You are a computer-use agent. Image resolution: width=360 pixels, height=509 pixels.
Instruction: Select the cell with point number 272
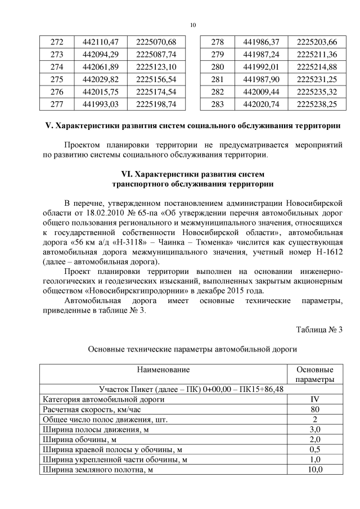tap(57, 42)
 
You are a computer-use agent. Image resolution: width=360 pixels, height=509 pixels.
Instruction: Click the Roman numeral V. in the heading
tap(48, 124)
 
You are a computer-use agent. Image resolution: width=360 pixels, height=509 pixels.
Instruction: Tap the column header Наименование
tap(163, 370)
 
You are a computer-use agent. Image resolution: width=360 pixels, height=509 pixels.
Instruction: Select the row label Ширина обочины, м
tap(79, 439)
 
